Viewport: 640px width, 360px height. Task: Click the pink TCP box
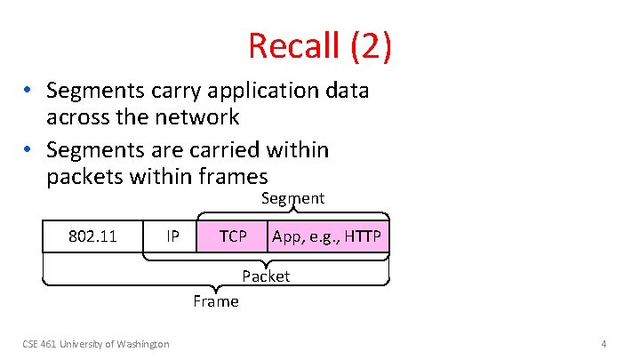pos(233,236)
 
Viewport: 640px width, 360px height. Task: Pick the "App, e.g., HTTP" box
pos(327,236)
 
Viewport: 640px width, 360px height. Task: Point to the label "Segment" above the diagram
pos(292,198)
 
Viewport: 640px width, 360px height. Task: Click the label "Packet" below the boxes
pos(266,276)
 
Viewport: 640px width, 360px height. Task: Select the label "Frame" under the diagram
pos(216,301)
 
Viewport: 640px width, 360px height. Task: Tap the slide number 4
pos(604,344)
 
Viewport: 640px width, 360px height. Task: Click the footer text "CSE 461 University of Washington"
pos(96,344)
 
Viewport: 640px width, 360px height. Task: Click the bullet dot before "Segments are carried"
pos(29,150)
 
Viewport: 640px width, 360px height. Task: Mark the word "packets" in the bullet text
pos(82,176)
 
